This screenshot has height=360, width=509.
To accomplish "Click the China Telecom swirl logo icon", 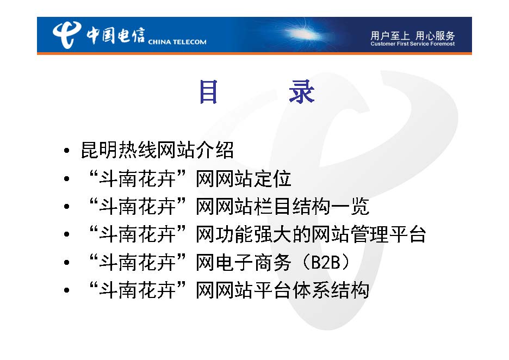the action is point(66,34).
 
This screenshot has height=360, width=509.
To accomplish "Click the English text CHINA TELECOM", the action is point(177,42).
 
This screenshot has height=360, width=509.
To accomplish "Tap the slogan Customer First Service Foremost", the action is point(413,44).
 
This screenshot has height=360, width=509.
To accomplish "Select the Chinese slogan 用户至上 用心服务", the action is point(413,35).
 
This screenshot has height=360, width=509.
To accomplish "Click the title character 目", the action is point(208,92).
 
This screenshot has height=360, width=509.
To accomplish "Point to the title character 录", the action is point(302,92).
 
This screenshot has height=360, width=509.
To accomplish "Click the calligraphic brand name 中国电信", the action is point(115,35).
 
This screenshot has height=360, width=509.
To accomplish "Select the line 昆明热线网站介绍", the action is point(157,150).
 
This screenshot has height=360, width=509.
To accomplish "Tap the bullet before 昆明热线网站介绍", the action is point(66,151).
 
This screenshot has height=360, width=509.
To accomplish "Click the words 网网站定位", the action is point(244,178).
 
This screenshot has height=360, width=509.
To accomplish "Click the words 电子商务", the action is point(253,262).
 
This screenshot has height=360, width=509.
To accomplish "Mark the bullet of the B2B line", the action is point(66,262).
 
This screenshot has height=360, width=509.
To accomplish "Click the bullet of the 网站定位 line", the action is point(66,178).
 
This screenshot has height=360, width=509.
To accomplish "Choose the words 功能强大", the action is point(253,234).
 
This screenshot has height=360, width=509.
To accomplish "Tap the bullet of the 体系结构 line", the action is point(66,290).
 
